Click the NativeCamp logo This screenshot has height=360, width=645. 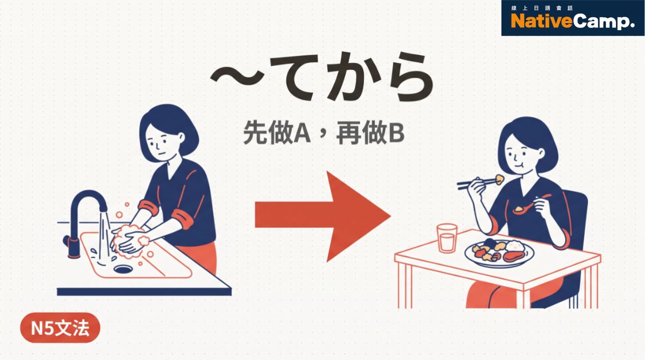click(572, 21)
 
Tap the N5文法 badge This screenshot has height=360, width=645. click(60, 328)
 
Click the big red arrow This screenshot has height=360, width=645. click(322, 216)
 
